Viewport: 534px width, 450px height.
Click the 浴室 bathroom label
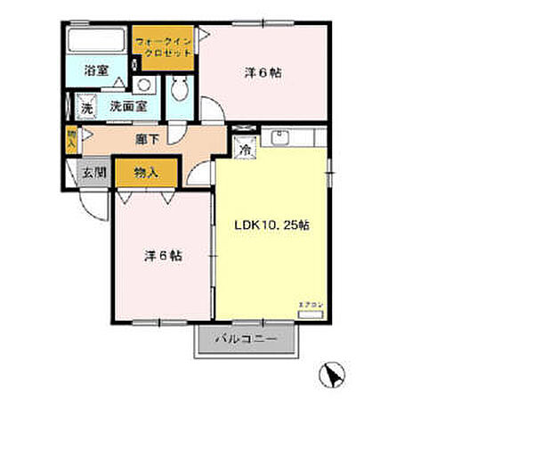[96, 70]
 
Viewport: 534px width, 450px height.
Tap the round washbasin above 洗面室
[145, 86]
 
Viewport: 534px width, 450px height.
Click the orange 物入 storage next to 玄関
[146, 173]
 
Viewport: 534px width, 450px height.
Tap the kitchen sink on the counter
[282, 138]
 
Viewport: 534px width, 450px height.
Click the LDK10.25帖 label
[271, 225]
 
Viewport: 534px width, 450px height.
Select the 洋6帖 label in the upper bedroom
[263, 74]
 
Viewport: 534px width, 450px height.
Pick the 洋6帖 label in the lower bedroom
[164, 256]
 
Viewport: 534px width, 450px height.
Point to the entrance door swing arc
[91, 201]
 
